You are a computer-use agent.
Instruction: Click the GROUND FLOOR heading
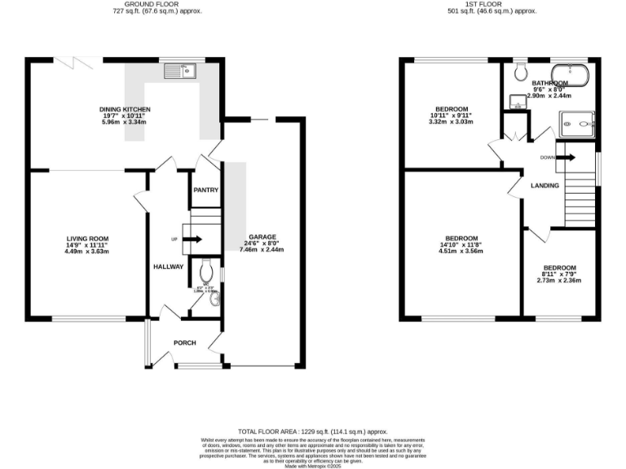tap(157, 4)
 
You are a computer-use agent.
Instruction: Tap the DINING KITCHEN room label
tap(125, 109)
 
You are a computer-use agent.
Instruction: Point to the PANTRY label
tap(205, 191)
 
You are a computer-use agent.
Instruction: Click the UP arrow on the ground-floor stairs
tap(195, 239)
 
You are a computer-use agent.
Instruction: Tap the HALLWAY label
tap(168, 267)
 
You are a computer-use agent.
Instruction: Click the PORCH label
tap(184, 343)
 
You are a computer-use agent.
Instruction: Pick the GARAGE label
tap(262, 237)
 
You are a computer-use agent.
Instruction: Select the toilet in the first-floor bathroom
tap(520, 71)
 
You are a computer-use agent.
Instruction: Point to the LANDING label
tap(544, 186)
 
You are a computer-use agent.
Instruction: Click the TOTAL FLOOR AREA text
tap(312, 431)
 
